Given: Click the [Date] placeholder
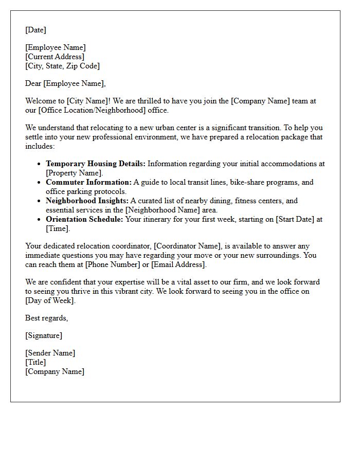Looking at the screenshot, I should (x=35, y=30).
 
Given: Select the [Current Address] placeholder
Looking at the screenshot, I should (x=55, y=57).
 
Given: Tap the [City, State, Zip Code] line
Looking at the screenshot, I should (x=62, y=66).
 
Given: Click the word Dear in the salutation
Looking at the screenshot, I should (x=33, y=83).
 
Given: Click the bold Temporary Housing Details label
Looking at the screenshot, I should (x=96, y=164).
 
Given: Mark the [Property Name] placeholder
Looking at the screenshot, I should (x=74, y=173).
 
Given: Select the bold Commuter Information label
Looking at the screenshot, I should (x=88, y=182).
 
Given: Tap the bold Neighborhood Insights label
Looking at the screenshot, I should (x=87, y=201).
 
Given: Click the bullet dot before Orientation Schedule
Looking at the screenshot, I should (x=40, y=219).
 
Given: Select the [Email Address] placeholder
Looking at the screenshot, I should (x=177, y=264).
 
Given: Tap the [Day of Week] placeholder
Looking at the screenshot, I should (x=50, y=300).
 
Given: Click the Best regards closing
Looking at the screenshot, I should (x=46, y=318).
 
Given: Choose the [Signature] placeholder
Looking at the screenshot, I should (x=44, y=335).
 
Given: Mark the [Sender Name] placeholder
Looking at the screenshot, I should (x=50, y=353).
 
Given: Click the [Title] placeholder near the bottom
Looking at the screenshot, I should (x=35, y=362).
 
